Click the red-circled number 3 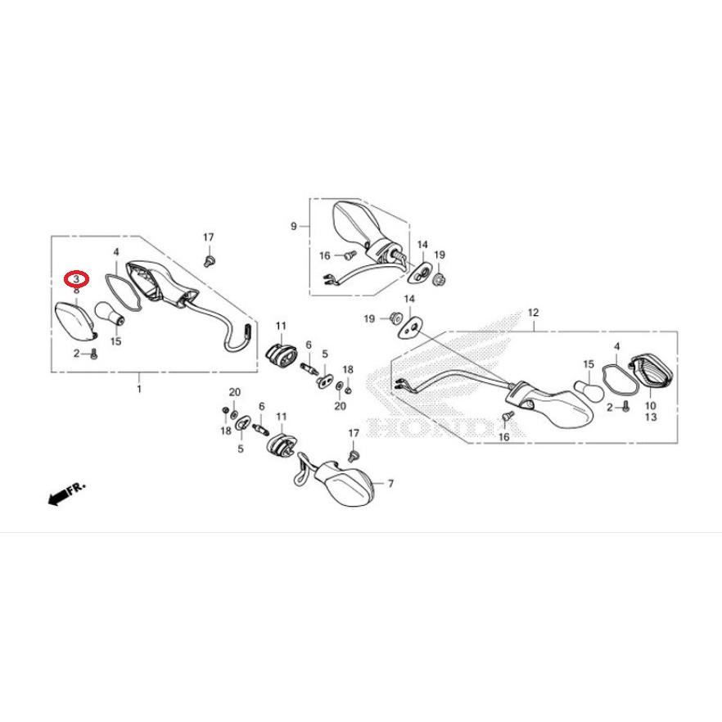click(76, 278)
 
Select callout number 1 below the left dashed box click(139, 390)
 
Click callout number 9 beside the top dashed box click(294, 226)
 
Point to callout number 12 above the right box click(533, 313)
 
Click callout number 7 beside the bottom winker click(390, 484)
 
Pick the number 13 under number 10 click(651, 417)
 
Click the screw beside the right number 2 click(625, 407)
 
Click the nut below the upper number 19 click(440, 278)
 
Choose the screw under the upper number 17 click(208, 260)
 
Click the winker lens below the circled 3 click(76, 321)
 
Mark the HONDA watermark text click(444, 427)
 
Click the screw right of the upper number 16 click(351, 254)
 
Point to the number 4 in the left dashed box click(116, 252)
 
